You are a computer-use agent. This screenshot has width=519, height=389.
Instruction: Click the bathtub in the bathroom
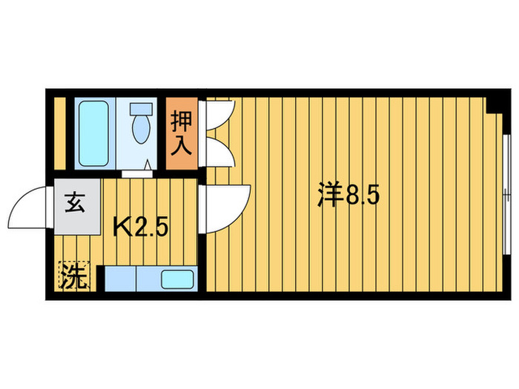point(93,132)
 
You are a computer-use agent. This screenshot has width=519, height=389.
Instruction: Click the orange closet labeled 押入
point(182,134)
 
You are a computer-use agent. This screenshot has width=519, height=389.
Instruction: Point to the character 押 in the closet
point(182,121)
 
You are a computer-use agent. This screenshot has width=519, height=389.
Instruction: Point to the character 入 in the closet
point(182,145)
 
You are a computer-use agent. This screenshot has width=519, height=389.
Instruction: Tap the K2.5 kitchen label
point(140,225)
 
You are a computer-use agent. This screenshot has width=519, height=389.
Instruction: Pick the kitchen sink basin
point(177,280)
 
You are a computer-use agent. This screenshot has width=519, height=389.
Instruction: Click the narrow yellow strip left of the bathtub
point(60,133)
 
